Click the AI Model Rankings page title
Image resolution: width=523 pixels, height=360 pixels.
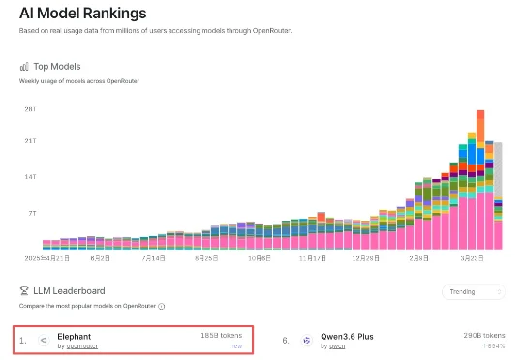(83, 15)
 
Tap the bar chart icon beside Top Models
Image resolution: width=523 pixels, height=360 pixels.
(25, 67)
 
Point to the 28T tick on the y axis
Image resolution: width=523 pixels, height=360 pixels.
(30, 109)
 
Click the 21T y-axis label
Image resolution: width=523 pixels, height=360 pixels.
(30, 143)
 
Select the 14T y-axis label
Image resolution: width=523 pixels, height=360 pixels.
(30, 178)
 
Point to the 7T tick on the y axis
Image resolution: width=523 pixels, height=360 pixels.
(31, 212)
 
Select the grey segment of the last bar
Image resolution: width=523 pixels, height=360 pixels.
(499, 169)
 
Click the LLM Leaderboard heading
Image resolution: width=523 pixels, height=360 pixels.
(70, 290)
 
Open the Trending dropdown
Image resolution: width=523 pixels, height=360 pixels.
(473, 291)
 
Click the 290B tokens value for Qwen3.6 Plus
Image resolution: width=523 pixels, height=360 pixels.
(482, 334)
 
